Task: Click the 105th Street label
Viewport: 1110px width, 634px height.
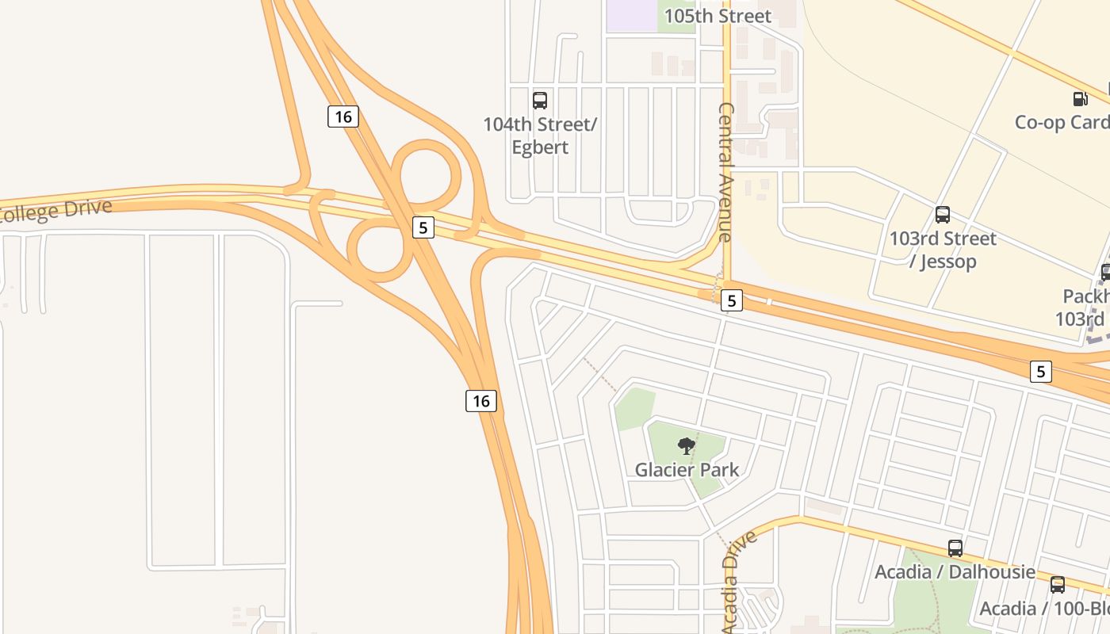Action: pos(717,16)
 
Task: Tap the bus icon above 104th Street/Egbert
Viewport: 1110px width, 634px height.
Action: pos(540,100)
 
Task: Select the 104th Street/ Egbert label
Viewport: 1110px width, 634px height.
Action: pos(540,136)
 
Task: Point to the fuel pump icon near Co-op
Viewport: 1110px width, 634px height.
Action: pos(1080,98)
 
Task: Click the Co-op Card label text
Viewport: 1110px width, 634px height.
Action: pos(1062,122)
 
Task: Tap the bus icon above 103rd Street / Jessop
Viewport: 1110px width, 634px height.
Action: pos(943,214)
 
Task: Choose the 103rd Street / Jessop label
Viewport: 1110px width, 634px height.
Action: pos(943,250)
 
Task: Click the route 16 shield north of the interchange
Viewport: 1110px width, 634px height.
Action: pos(343,116)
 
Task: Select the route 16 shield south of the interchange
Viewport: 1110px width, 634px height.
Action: pos(480,401)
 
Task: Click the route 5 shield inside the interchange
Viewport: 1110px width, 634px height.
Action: pos(423,227)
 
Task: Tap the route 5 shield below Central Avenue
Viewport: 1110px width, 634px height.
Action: pos(732,300)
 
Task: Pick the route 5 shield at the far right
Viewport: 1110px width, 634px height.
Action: pos(1041,371)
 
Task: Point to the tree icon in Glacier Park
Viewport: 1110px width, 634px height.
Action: pos(687,445)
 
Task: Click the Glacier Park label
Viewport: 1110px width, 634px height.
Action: pos(687,469)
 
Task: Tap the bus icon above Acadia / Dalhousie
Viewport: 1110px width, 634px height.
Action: pos(955,548)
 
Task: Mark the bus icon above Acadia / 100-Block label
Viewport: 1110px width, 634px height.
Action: pos(1058,585)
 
